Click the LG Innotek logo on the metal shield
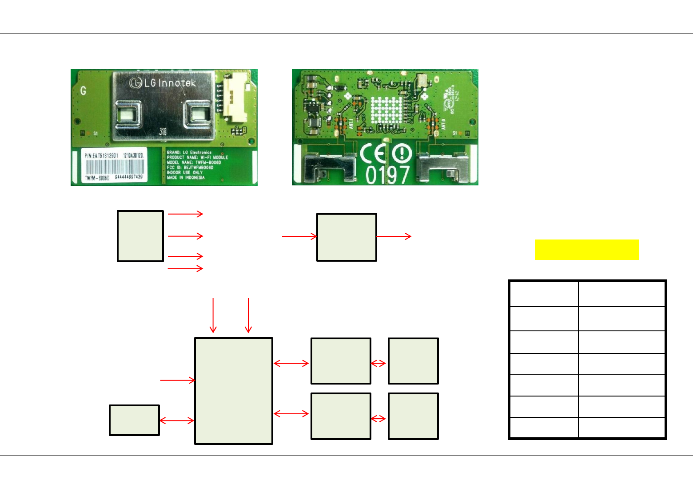pyautogui.click(x=162, y=83)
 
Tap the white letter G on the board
pyautogui.click(x=83, y=91)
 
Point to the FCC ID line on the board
pyautogui.click(x=190, y=168)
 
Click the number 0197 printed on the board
pyautogui.click(x=387, y=174)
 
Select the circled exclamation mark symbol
pyautogui.click(x=402, y=154)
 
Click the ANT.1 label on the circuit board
pyautogui.click(x=351, y=124)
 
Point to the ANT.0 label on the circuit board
pyautogui.click(x=443, y=124)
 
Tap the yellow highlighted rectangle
pyautogui.click(x=587, y=250)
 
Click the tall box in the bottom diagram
pyautogui.click(x=234, y=391)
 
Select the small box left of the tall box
pyautogui.click(x=134, y=420)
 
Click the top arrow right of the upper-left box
pyautogui.click(x=185, y=214)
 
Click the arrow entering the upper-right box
pyautogui.click(x=299, y=236)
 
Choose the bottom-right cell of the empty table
pyautogui.click(x=621, y=428)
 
